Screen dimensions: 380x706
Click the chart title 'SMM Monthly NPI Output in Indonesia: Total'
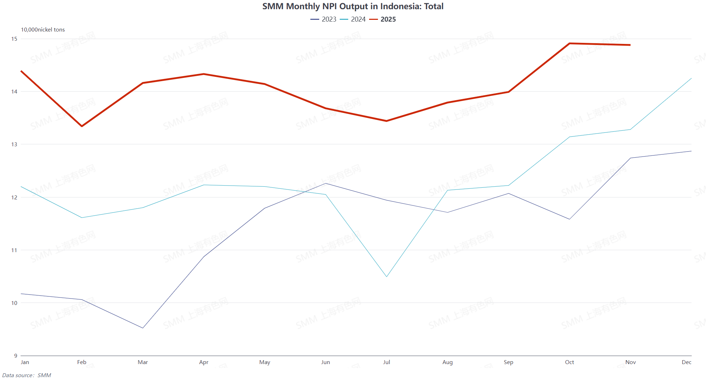pos(352,6)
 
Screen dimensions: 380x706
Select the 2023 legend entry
pos(323,19)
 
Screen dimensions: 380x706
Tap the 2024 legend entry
pos(353,19)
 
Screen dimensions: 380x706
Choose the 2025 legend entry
pos(383,19)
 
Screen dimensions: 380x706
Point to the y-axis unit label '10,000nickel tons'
pos(43,30)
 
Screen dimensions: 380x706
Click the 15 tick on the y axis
pos(14,39)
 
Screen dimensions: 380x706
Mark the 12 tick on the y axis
pos(14,197)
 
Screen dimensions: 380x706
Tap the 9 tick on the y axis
pos(15,356)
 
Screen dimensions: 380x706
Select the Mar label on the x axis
pos(143,362)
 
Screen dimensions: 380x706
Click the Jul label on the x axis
pos(386,362)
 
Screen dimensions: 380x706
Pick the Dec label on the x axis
pos(686,362)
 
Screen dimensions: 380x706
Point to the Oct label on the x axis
pos(569,362)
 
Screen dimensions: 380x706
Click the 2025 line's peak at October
pos(569,44)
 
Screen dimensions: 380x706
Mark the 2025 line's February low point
pos(82,126)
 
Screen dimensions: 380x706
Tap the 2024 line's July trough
pos(387,276)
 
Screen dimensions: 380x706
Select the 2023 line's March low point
pos(143,328)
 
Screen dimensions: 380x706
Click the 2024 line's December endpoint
pos(691,78)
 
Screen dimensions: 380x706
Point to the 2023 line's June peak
pos(326,183)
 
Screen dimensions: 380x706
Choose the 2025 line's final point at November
pos(630,45)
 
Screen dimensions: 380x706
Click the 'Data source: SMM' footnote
pos(27,375)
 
